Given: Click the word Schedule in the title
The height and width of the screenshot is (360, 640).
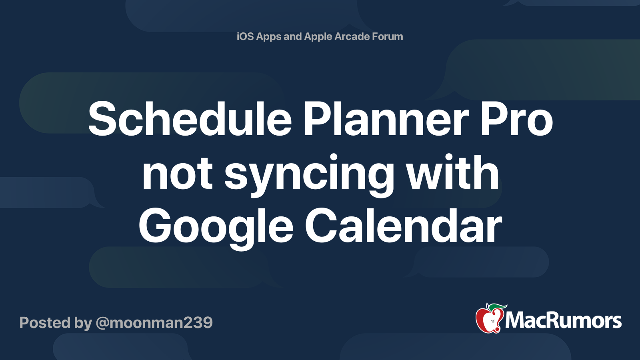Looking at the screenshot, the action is point(190,118).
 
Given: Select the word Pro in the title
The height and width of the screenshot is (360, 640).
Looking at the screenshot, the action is point(517,119).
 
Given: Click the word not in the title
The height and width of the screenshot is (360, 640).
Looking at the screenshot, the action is point(178,173).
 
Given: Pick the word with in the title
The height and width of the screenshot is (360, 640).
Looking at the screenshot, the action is point(452,172).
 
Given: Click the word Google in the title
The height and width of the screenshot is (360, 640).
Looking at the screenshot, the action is point(216,227).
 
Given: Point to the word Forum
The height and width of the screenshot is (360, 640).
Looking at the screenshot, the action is point(387,36).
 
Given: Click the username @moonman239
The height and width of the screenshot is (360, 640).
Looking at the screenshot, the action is point(154,323).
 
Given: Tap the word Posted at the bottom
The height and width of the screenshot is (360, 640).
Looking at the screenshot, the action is point(45,322).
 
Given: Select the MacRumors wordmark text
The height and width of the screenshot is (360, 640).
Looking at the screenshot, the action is point(563,320).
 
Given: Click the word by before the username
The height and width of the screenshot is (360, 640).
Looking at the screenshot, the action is point(83,323).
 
